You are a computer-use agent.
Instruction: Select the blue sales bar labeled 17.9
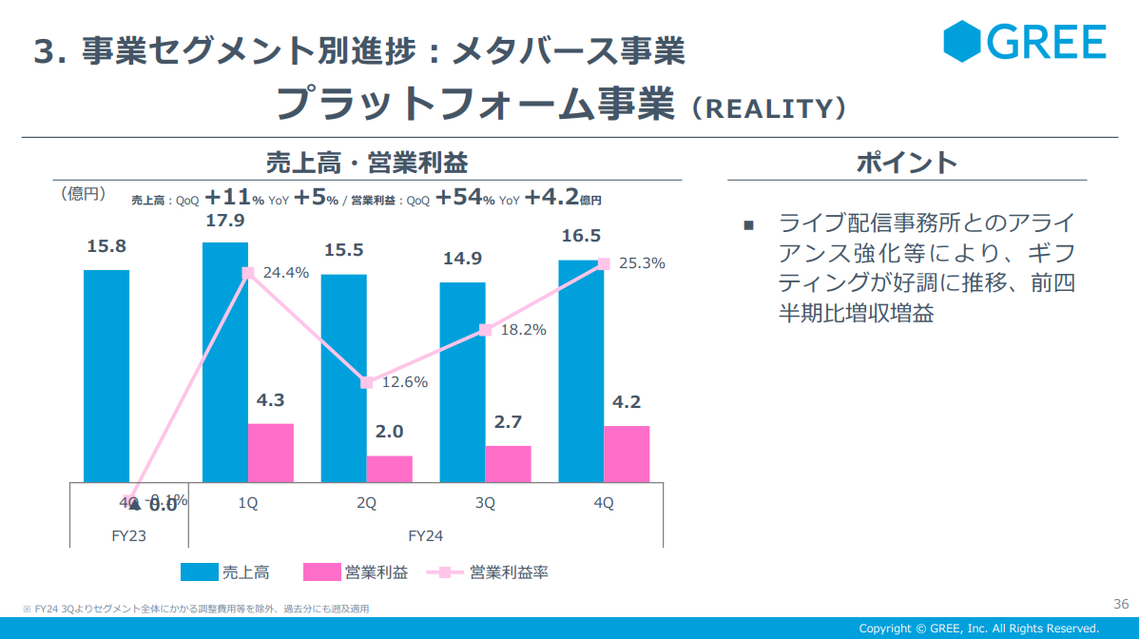point(225,361)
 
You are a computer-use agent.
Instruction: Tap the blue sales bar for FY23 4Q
point(106,376)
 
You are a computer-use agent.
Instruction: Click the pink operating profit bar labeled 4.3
point(271,453)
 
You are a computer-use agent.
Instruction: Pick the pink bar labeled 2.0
point(390,469)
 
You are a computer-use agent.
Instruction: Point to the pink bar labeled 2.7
point(508,464)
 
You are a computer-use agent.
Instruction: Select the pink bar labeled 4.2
point(627,454)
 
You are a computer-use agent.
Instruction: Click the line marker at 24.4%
point(248,273)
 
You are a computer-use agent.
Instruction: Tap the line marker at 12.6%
point(366,382)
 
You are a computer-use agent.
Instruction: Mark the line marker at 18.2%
point(485,330)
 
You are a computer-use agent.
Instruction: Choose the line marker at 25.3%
point(603,263)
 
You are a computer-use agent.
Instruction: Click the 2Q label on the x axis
point(366,504)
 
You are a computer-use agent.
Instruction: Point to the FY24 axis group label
point(426,535)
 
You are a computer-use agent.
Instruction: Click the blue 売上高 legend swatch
point(198,571)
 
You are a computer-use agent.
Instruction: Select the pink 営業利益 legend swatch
point(321,571)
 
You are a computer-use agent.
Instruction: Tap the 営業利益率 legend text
point(509,571)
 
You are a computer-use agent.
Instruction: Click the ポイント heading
point(906,163)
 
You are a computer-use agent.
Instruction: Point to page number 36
point(1120,604)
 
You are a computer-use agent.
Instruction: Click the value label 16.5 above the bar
point(581,236)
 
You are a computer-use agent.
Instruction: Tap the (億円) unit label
point(83,194)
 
